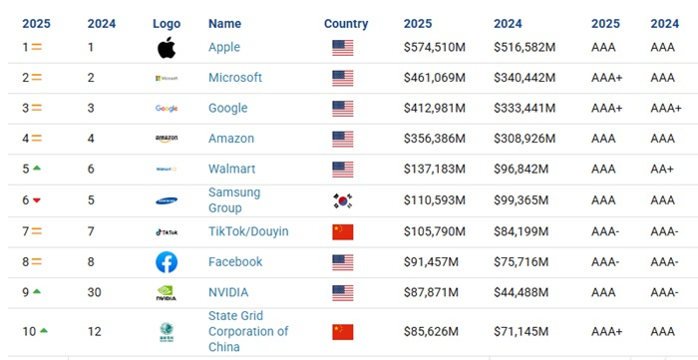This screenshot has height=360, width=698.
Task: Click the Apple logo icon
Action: pos(167,47)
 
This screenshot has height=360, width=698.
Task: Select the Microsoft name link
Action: pos(235,78)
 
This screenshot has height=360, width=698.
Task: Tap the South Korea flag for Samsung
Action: pos(343,200)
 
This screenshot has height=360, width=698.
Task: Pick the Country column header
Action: pos(346,24)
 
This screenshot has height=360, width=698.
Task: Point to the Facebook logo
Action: pos(167,262)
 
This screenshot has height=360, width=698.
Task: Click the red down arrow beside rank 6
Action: pos(37,200)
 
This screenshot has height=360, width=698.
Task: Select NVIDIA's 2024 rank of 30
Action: pos(94,292)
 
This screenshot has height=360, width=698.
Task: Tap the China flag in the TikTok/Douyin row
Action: pos(343,231)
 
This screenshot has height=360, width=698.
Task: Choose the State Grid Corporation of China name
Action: pos(248,332)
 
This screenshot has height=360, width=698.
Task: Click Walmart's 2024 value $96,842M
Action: pos(523,170)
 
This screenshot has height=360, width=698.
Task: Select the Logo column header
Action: pos(167,24)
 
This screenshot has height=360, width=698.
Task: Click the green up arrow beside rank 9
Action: pos(37,292)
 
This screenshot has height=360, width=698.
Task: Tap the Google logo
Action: pos(167,109)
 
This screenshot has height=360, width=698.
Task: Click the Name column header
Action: pos(224,24)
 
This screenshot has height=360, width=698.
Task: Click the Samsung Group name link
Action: pos(235,200)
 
